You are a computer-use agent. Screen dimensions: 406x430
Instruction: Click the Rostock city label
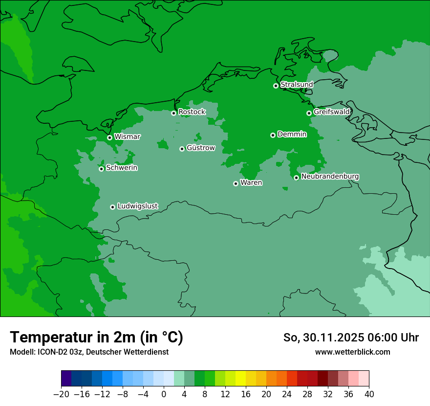coord(192,112)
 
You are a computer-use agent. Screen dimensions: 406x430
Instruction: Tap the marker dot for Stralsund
coord(276,86)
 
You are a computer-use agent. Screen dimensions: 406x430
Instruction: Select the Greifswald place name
coord(331,112)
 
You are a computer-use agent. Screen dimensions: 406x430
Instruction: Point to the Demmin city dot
coord(273,135)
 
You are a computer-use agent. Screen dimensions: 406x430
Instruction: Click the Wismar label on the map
coord(127,137)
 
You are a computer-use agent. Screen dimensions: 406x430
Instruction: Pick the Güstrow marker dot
coord(182,149)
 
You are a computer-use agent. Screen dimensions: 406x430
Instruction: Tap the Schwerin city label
coord(122,168)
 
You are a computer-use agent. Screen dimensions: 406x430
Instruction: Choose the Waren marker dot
coord(236,183)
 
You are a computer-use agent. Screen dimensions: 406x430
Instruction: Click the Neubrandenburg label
coord(330,177)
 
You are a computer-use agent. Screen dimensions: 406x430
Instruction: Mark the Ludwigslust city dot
coord(112,207)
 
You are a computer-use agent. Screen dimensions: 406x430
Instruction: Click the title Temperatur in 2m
coord(96,337)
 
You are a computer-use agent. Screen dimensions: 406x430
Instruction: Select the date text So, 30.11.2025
coord(323,338)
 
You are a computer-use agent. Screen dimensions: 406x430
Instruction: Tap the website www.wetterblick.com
coord(352,352)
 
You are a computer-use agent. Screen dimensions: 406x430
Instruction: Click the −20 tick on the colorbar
coord(61,394)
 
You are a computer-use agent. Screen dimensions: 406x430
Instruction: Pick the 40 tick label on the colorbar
coord(369,394)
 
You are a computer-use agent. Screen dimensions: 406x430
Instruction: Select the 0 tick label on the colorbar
coord(164,394)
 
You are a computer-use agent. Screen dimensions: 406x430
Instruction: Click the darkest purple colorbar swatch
coord(66,379)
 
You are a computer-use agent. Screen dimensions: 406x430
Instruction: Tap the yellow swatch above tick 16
coord(240,379)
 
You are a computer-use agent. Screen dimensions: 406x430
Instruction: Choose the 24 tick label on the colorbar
coord(287,394)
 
